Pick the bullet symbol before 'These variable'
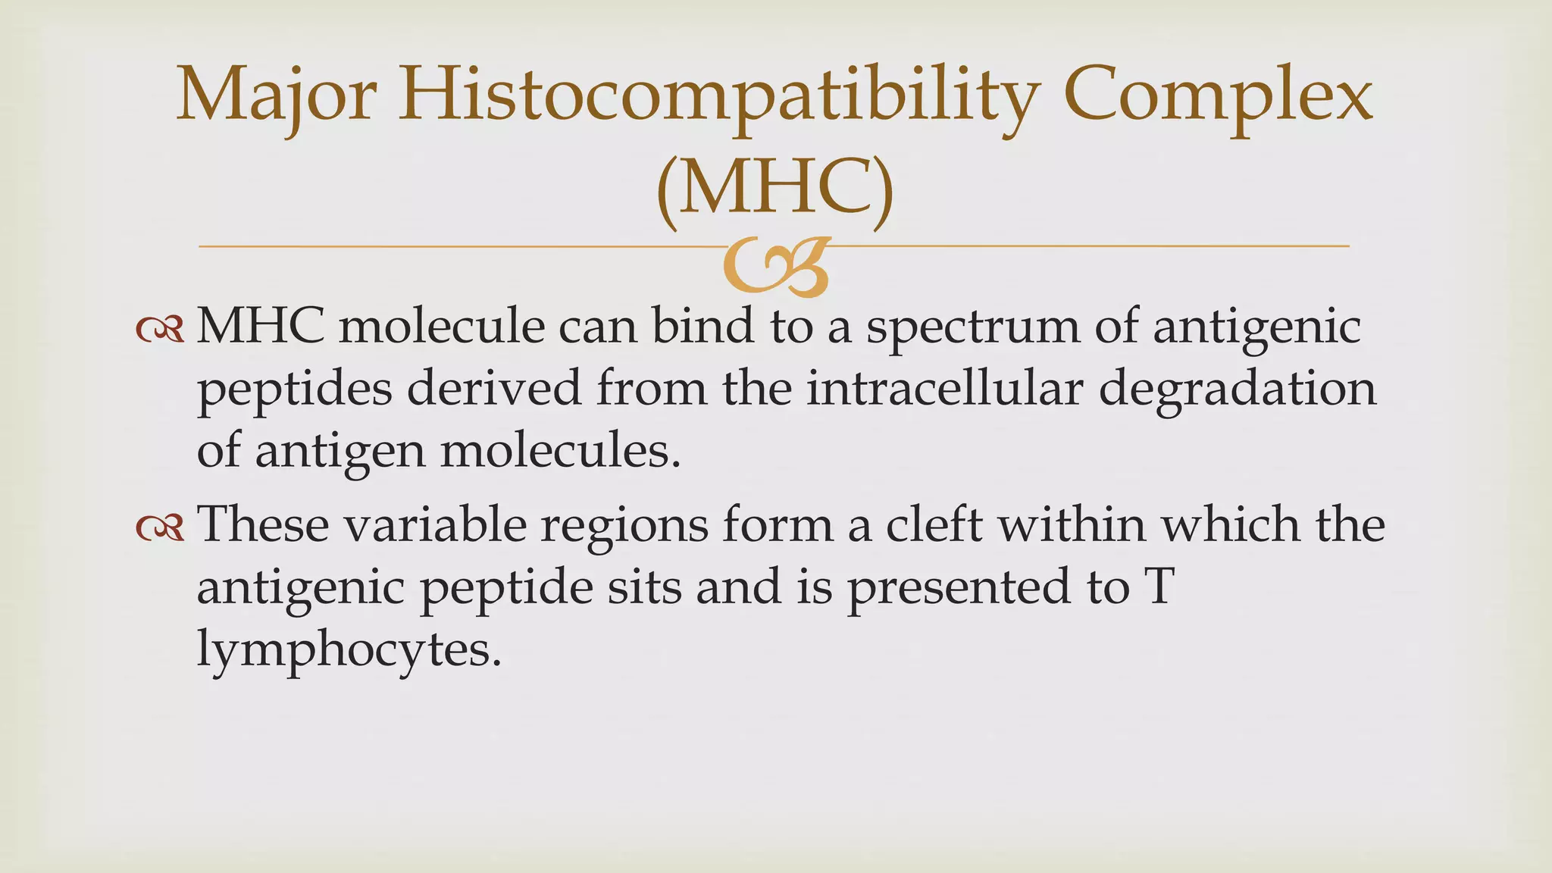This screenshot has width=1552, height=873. pos(160,527)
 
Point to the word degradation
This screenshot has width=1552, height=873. pos(1238,389)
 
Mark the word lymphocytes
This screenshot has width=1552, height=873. pos(349,650)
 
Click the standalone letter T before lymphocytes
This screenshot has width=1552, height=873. pos(1159,587)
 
